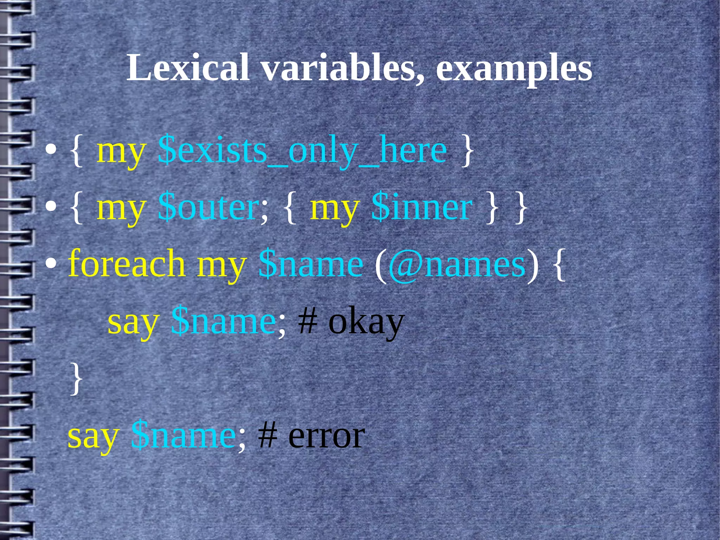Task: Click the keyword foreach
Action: tap(127, 264)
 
